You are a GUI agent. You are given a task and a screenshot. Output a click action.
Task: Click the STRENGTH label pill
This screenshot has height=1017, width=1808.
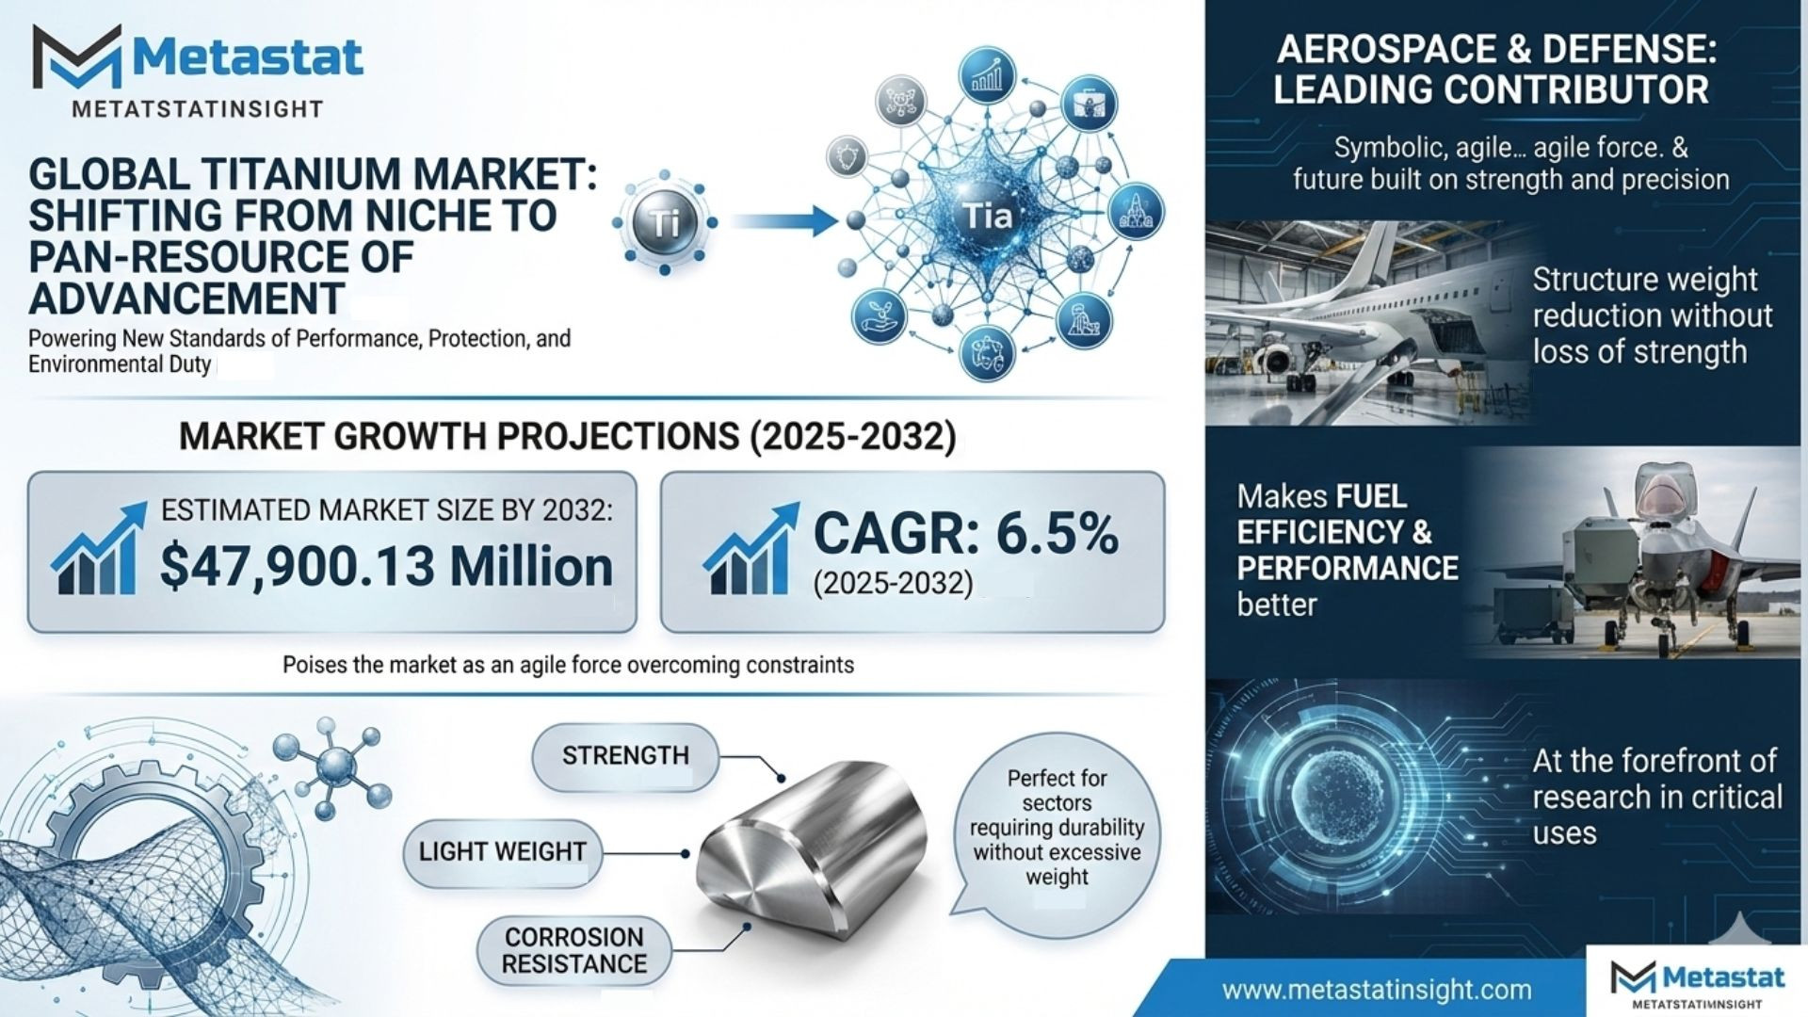[x=625, y=756]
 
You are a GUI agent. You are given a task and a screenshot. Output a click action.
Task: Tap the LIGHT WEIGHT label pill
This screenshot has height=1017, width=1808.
[x=502, y=852]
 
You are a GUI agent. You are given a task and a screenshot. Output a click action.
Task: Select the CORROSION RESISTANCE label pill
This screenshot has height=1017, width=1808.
[x=574, y=951]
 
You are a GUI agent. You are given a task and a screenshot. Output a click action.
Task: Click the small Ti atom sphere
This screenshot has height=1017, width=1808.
[x=665, y=223]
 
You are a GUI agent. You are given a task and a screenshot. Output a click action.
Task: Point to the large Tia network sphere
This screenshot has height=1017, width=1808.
[x=987, y=217]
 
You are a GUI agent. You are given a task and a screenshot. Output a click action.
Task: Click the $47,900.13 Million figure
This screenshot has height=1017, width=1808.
[x=386, y=566]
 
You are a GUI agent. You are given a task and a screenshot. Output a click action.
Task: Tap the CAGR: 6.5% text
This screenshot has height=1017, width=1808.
[x=965, y=533]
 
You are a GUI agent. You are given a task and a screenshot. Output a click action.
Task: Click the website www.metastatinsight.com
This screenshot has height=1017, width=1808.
[x=1377, y=990]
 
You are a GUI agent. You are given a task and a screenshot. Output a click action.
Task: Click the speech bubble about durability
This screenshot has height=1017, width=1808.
[x=1057, y=829]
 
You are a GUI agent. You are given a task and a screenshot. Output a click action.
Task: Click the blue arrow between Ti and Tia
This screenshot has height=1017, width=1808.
[x=783, y=221]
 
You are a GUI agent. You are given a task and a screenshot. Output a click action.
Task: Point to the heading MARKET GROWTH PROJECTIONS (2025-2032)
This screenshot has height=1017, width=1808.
[x=568, y=437]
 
